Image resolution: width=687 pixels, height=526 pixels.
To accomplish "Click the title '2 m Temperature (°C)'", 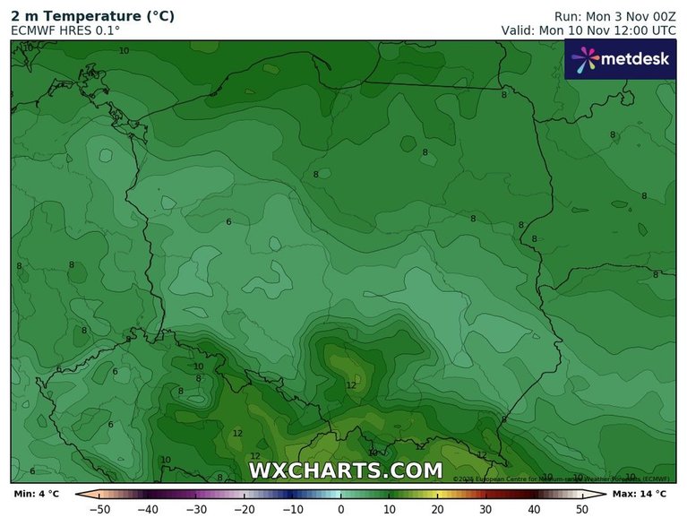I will click(x=92, y=16).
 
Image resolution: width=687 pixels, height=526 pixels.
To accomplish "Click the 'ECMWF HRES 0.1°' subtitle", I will click(x=64, y=30).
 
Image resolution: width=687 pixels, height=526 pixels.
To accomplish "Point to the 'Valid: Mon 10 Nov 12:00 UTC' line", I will click(x=588, y=30).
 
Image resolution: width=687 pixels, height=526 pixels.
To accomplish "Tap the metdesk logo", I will click(x=620, y=60).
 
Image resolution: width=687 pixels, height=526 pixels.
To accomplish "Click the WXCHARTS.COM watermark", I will click(x=345, y=470).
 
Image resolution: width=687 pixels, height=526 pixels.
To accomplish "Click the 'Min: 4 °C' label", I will click(x=37, y=494).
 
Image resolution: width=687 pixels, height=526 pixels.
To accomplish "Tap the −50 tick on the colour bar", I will click(x=101, y=510).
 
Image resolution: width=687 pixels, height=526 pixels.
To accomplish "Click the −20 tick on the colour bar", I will click(x=245, y=510).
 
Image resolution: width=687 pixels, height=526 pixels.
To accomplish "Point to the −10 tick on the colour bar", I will click(x=293, y=510).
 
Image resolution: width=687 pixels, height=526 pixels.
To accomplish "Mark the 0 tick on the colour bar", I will click(x=341, y=510).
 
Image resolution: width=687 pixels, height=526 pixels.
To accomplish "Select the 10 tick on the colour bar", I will click(x=390, y=510).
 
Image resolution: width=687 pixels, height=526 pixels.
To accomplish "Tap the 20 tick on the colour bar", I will click(x=437, y=510).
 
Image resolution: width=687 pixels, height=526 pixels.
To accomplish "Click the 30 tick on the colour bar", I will click(x=485, y=510).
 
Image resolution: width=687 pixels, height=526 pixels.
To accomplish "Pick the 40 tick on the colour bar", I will click(x=534, y=510).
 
